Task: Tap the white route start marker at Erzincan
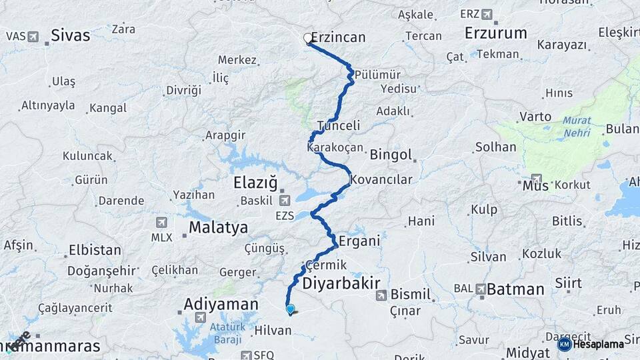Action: [308, 38]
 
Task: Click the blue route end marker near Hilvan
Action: [290, 309]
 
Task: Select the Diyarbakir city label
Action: [341, 283]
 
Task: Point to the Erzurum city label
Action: [495, 33]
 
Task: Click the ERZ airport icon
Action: [487, 14]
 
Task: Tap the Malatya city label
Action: [218, 227]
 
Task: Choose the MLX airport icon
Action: [161, 222]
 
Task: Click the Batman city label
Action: [515, 289]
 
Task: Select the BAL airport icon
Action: [481, 289]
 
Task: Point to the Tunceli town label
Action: [339, 125]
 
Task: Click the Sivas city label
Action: [70, 35]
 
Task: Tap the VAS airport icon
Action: [33, 36]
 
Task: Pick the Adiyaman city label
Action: [221, 304]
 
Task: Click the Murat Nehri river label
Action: [576, 127]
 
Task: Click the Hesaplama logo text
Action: [598, 344]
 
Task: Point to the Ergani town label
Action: [359, 241]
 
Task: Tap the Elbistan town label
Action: [95, 251]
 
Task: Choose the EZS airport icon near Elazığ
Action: [285, 201]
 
